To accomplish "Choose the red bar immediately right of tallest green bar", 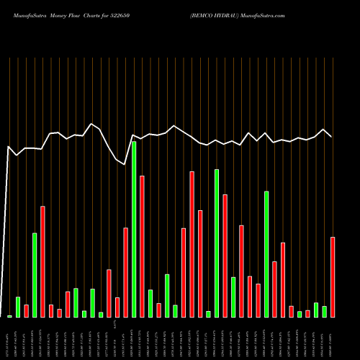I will tap(143, 246).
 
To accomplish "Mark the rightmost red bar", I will tap(333, 276).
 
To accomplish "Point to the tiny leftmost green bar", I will tap(9, 316).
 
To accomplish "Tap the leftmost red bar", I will tap(27, 310).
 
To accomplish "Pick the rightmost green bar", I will tap(325, 311).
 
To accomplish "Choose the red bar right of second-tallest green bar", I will tap(225, 256).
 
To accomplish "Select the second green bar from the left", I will tap(18, 307).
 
